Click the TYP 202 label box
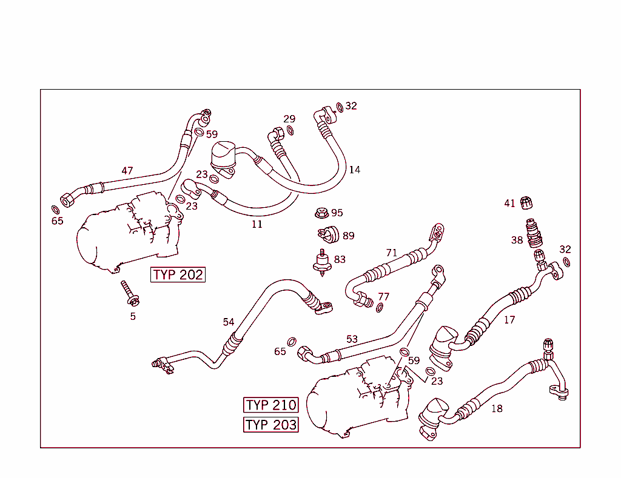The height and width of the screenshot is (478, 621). (x=178, y=274)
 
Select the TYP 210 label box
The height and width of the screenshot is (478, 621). (x=271, y=405)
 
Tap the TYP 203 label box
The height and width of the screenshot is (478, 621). (x=271, y=425)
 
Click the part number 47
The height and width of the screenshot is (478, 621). (x=127, y=171)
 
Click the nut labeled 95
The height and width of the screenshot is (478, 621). (x=321, y=213)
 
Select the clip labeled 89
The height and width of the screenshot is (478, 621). (x=329, y=233)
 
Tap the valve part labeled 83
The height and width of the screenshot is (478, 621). (x=322, y=262)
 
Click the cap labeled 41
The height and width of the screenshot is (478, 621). (x=527, y=203)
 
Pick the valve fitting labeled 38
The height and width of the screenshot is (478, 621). (x=534, y=233)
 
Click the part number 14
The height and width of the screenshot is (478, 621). (x=354, y=170)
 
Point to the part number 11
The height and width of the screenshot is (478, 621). (x=257, y=224)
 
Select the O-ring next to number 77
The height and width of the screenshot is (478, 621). (x=380, y=307)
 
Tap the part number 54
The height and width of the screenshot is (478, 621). (x=228, y=322)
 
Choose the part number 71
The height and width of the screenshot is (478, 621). (x=392, y=253)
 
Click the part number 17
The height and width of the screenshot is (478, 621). (x=509, y=319)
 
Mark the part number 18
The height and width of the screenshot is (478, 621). (x=497, y=408)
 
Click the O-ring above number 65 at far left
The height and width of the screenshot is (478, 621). (x=54, y=210)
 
